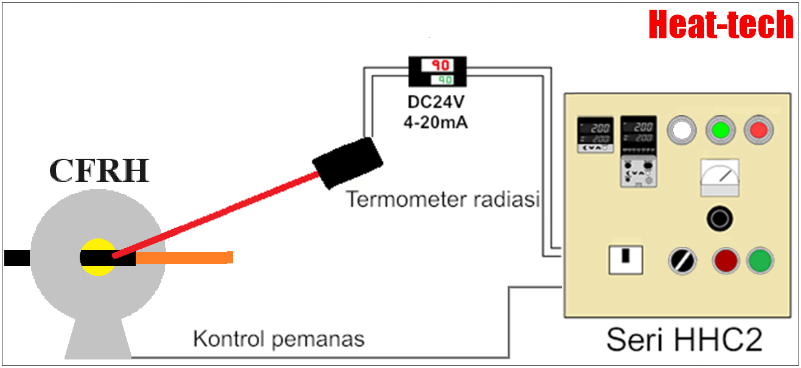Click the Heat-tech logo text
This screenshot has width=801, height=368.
pyautogui.click(x=721, y=25)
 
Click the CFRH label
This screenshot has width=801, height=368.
pyautogui.click(x=99, y=171)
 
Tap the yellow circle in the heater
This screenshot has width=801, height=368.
pyautogui.click(x=97, y=246)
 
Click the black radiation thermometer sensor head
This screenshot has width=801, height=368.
pyautogui.click(x=348, y=163)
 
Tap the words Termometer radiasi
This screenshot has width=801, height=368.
pyautogui.click(x=443, y=199)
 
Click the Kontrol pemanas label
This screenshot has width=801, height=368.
pyautogui.click(x=279, y=339)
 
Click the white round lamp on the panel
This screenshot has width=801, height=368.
pyautogui.click(x=682, y=130)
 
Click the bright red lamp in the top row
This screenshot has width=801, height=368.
pyautogui.click(x=758, y=130)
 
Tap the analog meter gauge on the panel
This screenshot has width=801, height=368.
pyautogui.click(x=719, y=178)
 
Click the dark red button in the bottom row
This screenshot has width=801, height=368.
pyautogui.click(x=726, y=261)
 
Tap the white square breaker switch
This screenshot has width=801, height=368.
pyautogui.click(x=626, y=260)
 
